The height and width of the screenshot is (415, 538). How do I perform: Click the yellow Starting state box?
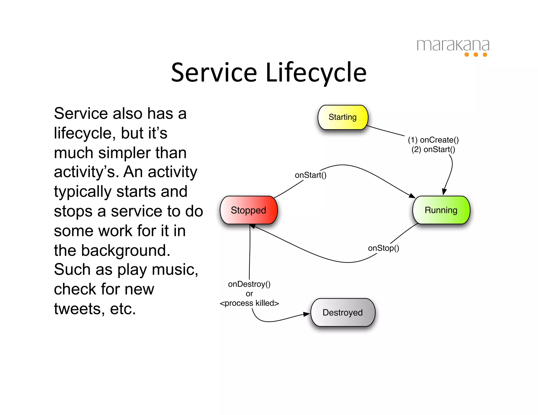click(343, 117)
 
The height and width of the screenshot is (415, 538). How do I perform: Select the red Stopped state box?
click(249, 210)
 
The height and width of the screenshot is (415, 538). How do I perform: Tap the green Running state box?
click(441, 210)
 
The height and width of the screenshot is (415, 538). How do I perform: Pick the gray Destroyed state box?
click(343, 312)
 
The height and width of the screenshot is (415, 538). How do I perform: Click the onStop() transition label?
click(383, 248)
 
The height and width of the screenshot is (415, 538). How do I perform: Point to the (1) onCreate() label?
click(433, 140)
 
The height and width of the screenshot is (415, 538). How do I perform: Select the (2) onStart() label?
click(433, 150)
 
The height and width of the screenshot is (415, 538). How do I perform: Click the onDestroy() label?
click(249, 284)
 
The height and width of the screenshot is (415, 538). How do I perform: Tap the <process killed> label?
click(249, 303)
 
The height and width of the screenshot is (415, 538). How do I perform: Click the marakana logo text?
click(453, 45)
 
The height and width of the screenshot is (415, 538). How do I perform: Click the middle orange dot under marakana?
click(476, 55)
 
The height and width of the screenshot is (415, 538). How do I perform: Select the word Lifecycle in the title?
click(316, 73)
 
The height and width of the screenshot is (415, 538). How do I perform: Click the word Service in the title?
click(214, 73)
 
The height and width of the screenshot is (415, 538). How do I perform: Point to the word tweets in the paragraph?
click(77, 308)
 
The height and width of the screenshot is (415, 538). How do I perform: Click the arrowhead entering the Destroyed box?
click(307, 314)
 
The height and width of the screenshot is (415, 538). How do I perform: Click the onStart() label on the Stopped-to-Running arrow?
click(311, 175)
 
